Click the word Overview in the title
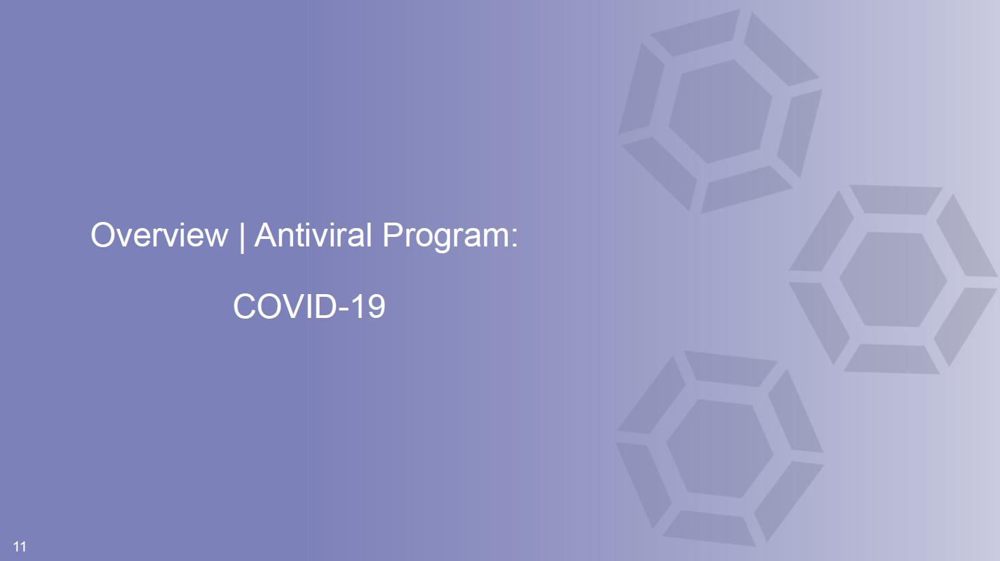[159, 235]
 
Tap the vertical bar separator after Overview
[241, 236]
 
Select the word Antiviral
[313, 235]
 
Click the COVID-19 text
[309, 306]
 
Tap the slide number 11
[20, 547]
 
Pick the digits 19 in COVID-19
[371, 306]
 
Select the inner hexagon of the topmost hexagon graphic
[720, 112]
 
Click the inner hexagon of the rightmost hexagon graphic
[893, 280]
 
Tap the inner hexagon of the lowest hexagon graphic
[720, 449]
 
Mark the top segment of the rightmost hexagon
[896, 199]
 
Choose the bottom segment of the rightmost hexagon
[892, 359]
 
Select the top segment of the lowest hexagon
[730, 369]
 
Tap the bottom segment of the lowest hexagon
[709, 528]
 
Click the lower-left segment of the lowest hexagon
[643, 485]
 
